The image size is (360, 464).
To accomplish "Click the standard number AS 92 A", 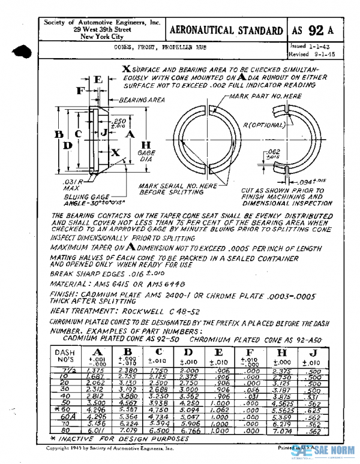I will [x=314, y=31].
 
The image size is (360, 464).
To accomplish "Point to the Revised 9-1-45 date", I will [x=311, y=54].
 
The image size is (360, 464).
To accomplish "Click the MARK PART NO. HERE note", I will [x=259, y=96].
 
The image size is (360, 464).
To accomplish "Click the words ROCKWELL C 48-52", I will [x=158, y=312].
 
